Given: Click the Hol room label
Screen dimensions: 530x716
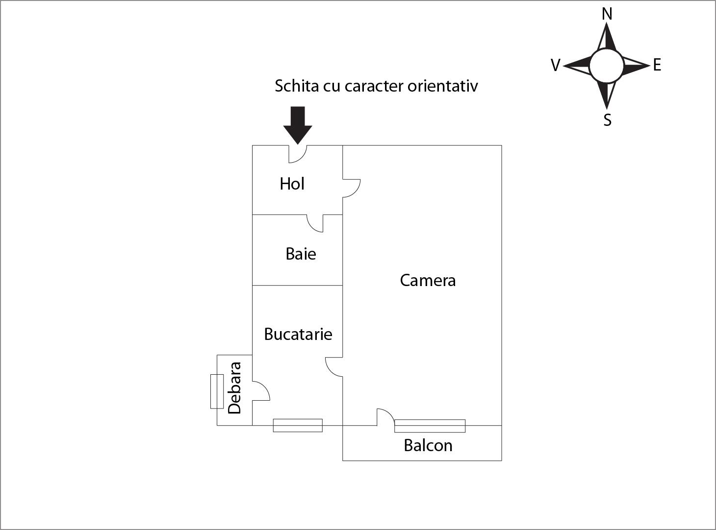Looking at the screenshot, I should tap(292, 184).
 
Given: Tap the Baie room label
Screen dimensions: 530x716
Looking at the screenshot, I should tap(301, 254).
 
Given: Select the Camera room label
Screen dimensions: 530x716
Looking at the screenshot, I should tap(428, 280).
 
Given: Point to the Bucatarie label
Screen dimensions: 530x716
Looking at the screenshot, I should tap(298, 334).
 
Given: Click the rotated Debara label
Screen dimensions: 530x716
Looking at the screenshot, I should tap(235, 388).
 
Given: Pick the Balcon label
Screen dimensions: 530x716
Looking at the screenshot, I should tap(428, 445).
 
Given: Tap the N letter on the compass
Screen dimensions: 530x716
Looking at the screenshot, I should tap(607, 14).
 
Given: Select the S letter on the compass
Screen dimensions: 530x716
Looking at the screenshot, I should tap(607, 120).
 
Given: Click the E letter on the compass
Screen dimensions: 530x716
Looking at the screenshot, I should tap(657, 65).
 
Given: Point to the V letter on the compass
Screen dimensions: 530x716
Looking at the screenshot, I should tap(555, 65).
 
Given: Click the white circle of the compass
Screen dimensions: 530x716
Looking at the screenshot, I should tap(607, 66).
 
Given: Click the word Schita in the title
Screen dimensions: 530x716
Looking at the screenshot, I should tap(295, 86).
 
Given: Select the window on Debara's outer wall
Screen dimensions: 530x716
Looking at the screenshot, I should tap(217, 391).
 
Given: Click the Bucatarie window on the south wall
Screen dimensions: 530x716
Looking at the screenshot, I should tap(298, 426).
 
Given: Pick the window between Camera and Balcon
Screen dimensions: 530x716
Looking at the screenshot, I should tap(430, 426).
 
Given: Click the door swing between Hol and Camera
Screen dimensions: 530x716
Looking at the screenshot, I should tap(351, 188).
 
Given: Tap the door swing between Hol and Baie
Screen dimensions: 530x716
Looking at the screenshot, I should tap(315, 223).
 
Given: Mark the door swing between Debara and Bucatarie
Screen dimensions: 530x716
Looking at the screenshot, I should tap(261, 391).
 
